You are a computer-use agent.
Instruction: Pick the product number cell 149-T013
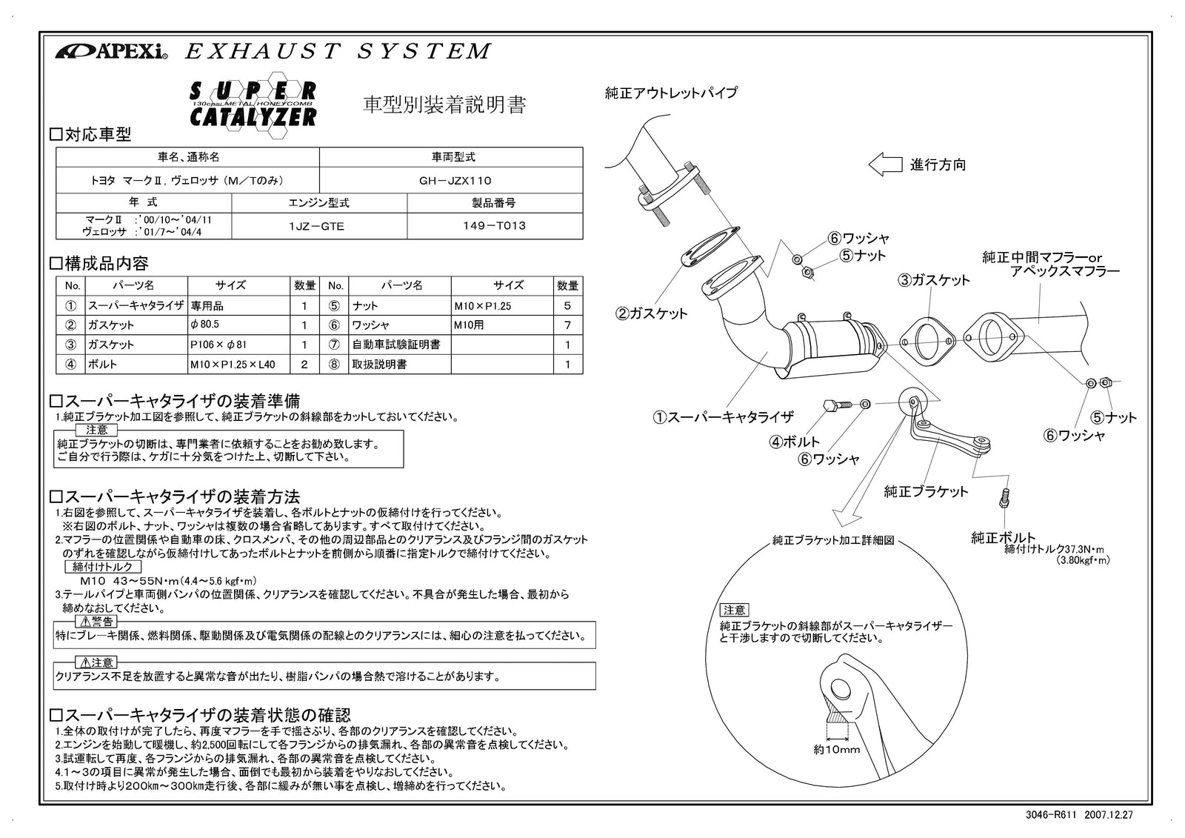494,227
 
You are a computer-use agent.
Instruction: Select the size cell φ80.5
205,325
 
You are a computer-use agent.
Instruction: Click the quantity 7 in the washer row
567,325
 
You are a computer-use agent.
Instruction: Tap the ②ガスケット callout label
651,313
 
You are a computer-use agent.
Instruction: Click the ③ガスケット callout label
933,280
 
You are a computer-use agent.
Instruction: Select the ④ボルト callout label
795,442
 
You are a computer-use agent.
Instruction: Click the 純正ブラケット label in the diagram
926,492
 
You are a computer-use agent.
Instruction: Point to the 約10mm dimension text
836,750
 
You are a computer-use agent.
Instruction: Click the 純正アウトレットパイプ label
671,93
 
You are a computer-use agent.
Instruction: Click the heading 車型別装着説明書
444,105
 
